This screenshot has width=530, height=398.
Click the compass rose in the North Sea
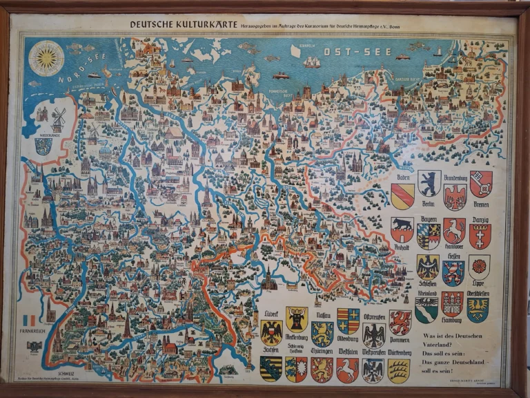pos(47,57)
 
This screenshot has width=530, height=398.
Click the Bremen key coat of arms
pos(481,183)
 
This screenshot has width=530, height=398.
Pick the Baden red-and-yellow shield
pos(403,195)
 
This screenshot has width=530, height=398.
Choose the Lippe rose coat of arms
pos(479,267)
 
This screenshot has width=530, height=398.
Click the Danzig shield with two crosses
pos(480,236)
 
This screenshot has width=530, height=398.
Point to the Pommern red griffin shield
pos(400,321)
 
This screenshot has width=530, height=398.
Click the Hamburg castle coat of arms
pos(452,303)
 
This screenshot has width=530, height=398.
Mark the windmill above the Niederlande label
pos(58,120)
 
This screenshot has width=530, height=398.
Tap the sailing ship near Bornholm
pos(313,64)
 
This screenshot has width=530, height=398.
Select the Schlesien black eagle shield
pos(427,267)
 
